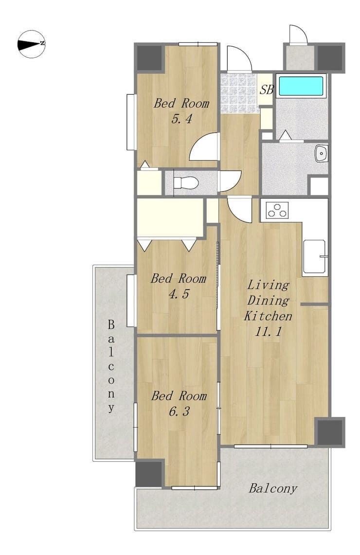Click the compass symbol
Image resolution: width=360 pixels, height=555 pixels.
coord(32,44)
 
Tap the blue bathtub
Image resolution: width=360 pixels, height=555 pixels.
coord(301,86)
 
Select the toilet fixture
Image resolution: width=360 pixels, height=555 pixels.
coord(185,182)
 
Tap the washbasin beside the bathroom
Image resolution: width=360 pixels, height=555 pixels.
coord(322,154)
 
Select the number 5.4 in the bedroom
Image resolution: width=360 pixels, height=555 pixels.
coord(181,119)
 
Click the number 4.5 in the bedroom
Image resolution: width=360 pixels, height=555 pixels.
coord(179,294)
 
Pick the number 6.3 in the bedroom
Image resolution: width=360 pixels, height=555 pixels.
coord(179,412)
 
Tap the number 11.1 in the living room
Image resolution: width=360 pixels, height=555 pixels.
coord(268,332)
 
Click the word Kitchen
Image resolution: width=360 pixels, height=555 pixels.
coord(268,316)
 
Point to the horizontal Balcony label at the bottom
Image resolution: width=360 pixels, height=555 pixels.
coord(272,488)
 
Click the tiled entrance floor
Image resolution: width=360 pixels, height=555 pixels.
coord(238,93)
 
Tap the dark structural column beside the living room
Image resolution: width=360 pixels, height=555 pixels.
coord(330,432)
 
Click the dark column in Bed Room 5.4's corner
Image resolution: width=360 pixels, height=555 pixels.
coord(149,58)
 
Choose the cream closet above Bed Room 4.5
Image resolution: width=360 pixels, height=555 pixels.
coord(170,217)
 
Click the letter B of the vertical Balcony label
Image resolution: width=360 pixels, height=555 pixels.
coord(111,324)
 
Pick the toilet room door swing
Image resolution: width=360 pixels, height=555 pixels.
coord(231,181)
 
